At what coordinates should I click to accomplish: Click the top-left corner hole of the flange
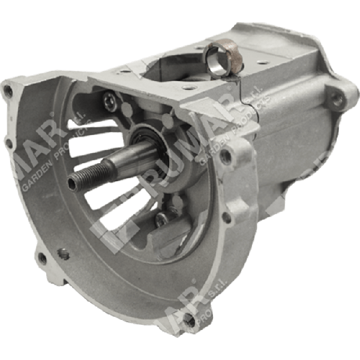pos(8,91)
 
